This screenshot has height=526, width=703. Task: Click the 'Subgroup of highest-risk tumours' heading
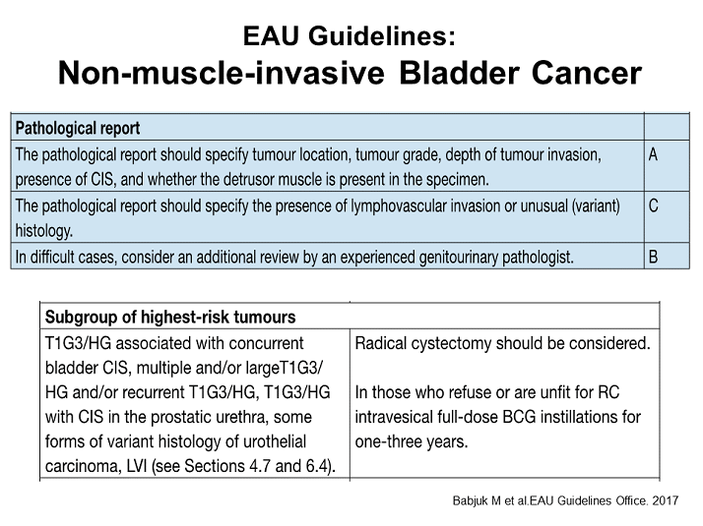point(170,318)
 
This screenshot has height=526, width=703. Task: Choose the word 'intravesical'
point(398,417)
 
